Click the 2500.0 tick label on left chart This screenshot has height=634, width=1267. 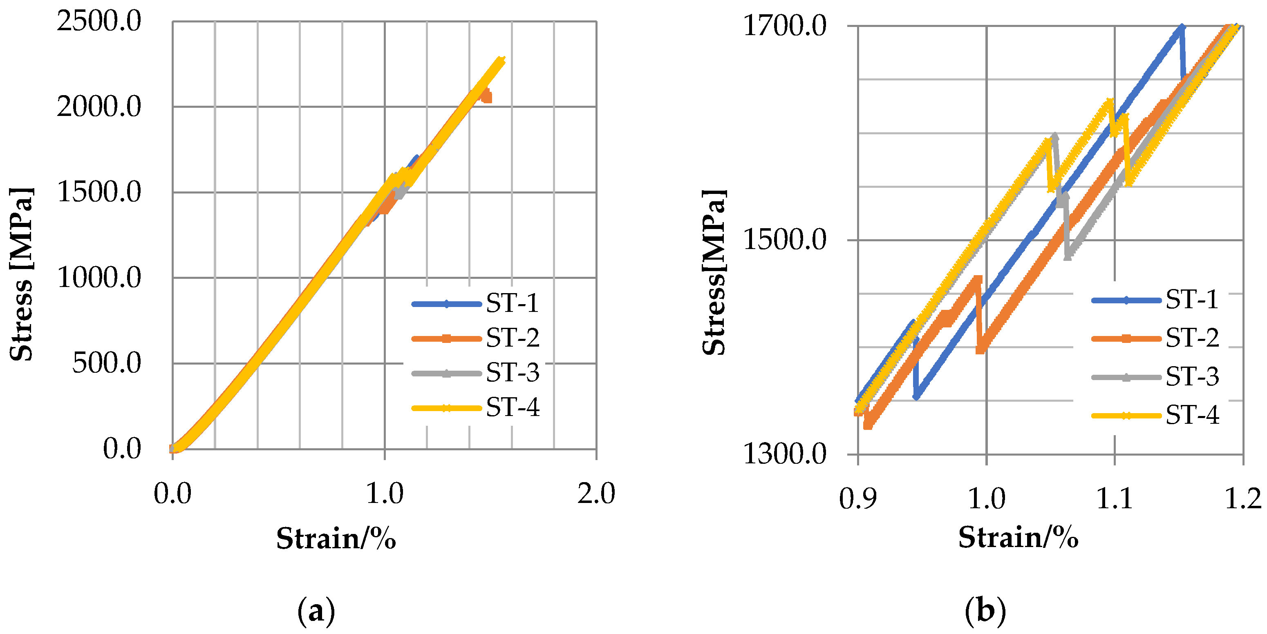pyautogui.click(x=99, y=21)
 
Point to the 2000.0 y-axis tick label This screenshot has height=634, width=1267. pyautogui.click(x=99, y=106)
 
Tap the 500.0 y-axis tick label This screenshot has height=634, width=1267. pyautogui.click(x=107, y=363)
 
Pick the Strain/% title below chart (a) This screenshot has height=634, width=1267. pyautogui.click(x=336, y=538)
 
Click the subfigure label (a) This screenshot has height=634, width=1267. pyautogui.click(x=316, y=611)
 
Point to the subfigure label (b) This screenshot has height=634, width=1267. pyautogui.click(x=985, y=611)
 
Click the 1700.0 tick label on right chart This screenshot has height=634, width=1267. pyautogui.click(x=784, y=26)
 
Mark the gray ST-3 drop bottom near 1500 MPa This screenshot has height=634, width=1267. pyautogui.click(x=1067, y=256)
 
